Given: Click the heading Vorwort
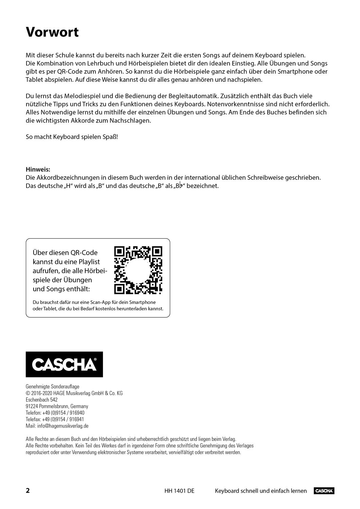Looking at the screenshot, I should coord(52,32).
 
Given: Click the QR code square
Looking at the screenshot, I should coord(138,270).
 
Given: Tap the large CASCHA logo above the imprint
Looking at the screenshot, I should coord(64,364).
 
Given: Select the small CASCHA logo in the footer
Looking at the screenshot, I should coord(324,491).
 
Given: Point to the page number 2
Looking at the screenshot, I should coord(28,491).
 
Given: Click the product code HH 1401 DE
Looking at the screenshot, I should coord(179,491).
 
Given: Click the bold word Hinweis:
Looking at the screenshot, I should coord(38,169).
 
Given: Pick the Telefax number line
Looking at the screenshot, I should coord(55,419).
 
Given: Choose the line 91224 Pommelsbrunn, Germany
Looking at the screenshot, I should coord(57,406).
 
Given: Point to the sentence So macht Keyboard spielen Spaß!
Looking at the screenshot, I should coord(72,137).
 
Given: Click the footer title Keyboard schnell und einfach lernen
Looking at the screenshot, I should coord(261,491).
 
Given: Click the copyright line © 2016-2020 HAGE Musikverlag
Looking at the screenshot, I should coord(74,393).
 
